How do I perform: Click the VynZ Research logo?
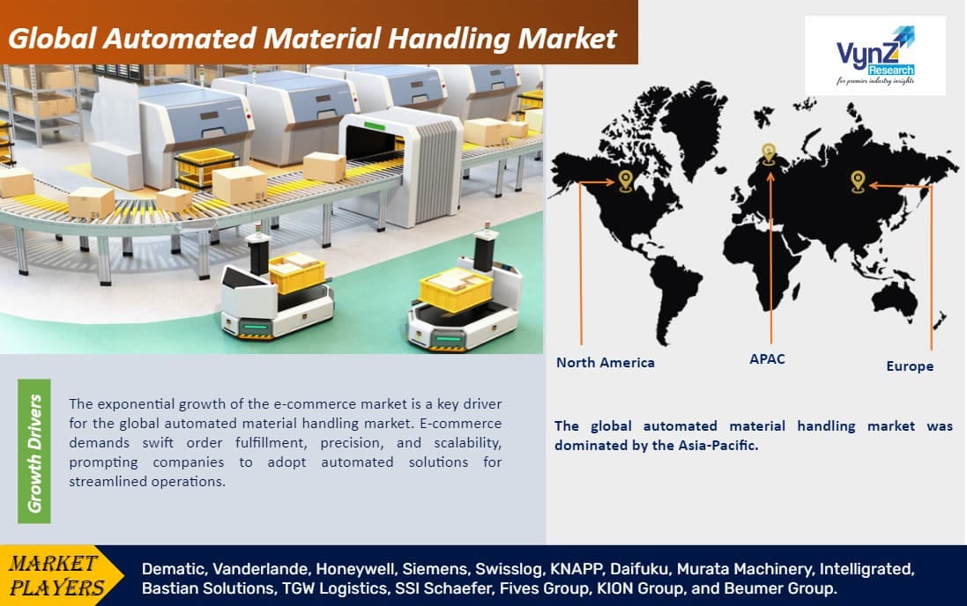(874, 55)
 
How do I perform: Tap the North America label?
(605, 362)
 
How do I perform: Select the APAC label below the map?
(768, 358)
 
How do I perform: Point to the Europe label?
(910, 366)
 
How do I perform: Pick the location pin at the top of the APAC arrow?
(769, 154)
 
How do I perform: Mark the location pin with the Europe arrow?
(858, 181)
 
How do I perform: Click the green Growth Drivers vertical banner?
(34, 452)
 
